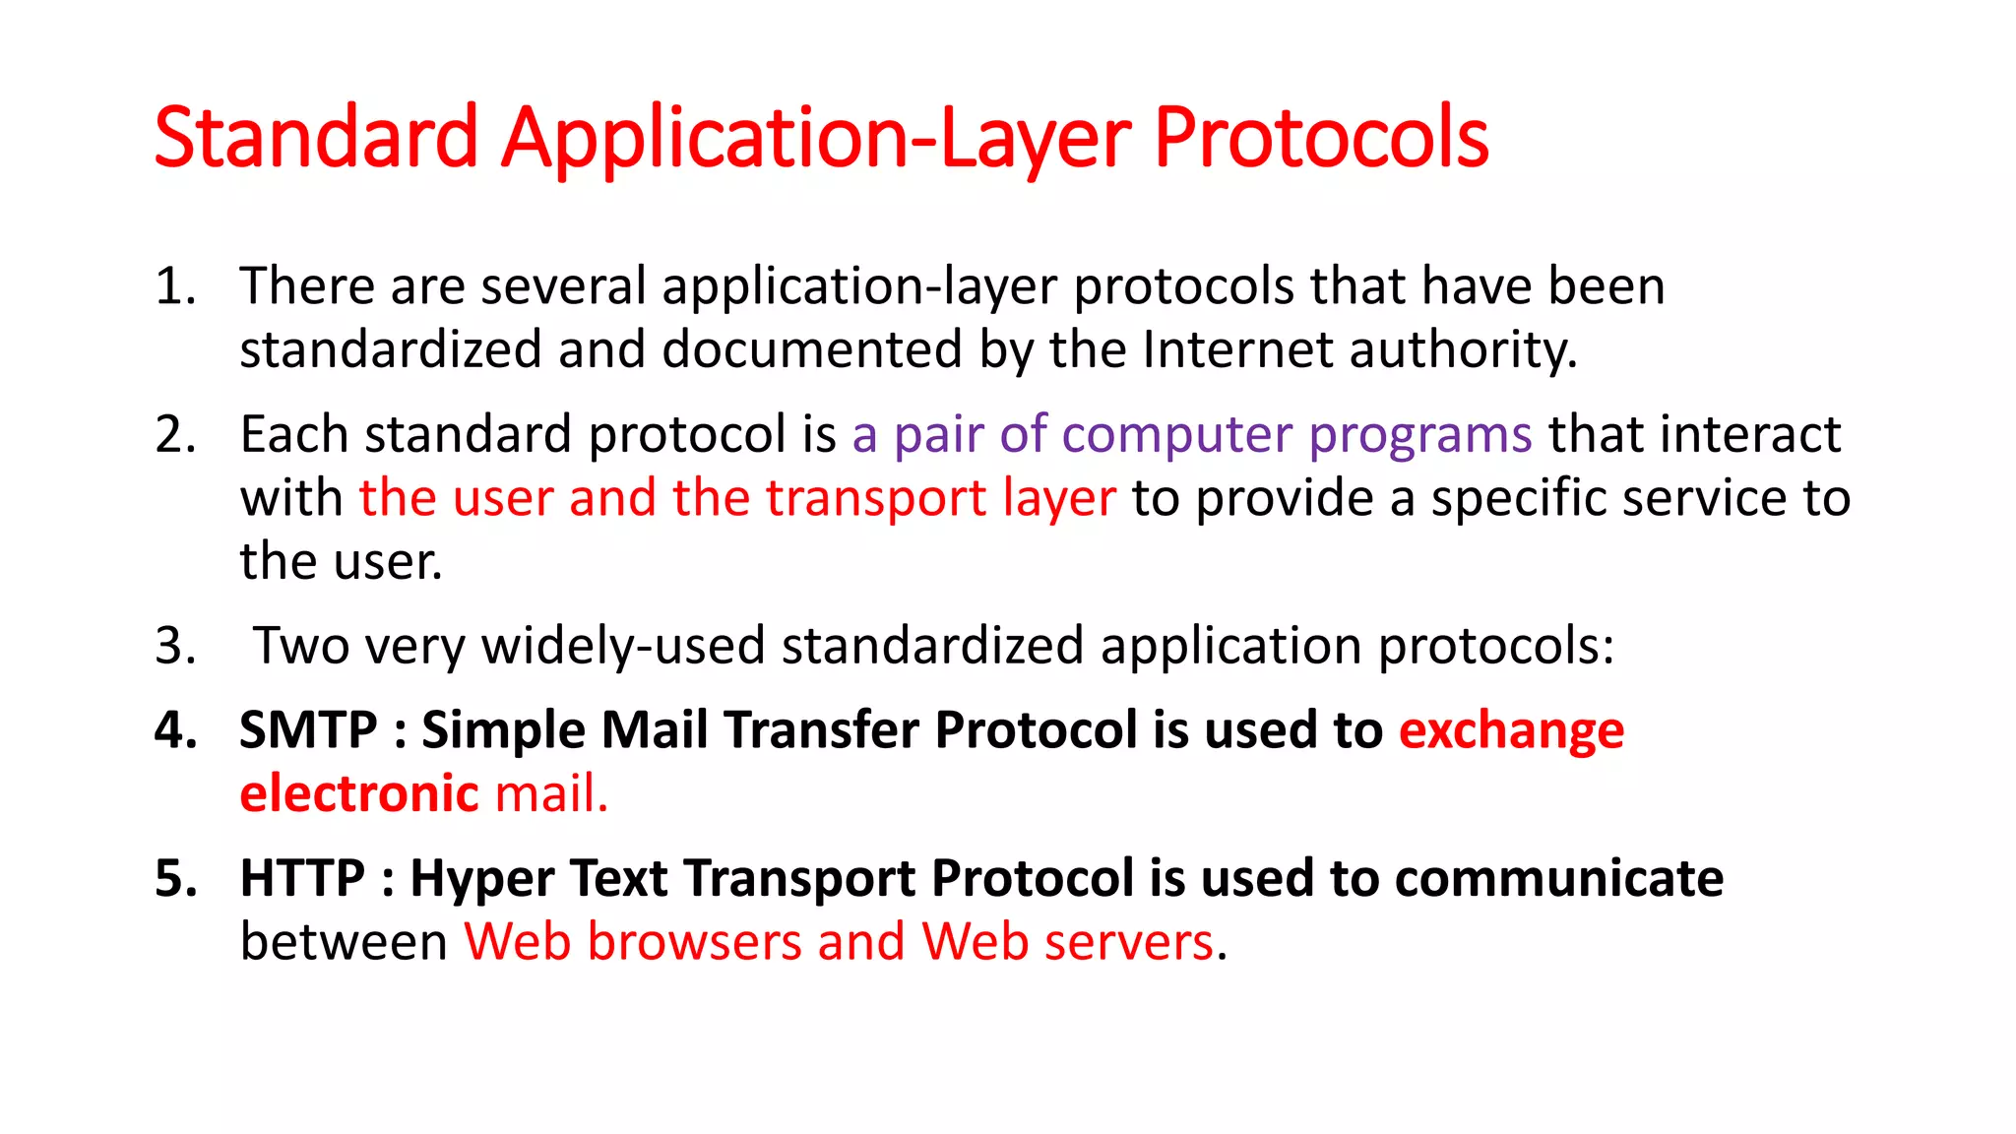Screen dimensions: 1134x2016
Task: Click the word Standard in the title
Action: click(316, 138)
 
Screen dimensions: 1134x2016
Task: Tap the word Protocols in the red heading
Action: click(1321, 138)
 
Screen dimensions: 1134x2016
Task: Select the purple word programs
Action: click(1420, 436)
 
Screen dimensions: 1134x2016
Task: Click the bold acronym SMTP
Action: click(308, 730)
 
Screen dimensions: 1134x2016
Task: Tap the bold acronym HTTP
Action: click(302, 878)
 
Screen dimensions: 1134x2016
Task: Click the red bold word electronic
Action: click(359, 794)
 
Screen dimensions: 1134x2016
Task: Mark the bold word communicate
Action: click(1559, 878)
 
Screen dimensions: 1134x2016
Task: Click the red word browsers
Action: click(694, 942)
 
